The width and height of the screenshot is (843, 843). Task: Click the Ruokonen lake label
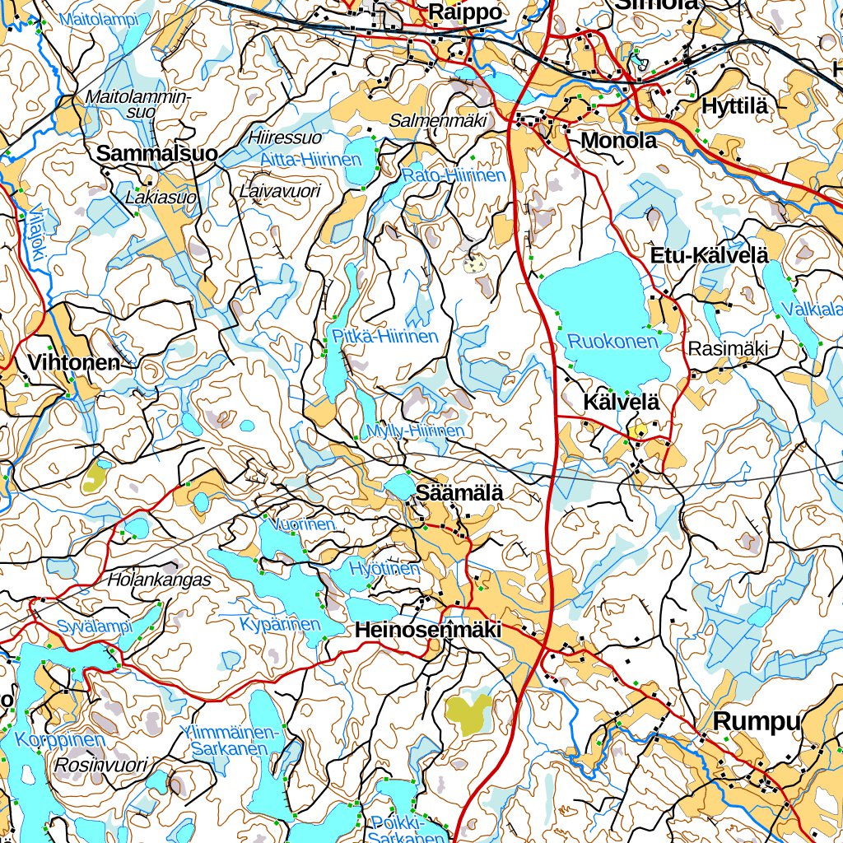pos(613,341)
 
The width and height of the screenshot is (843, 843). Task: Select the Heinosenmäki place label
pos(428,630)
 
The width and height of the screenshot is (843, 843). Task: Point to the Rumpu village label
pos(757,721)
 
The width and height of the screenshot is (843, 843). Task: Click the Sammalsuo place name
pos(157,153)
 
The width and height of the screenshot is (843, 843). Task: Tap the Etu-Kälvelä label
pos(710,255)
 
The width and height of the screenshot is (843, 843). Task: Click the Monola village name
pos(618,141)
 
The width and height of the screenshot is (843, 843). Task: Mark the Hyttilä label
pos(734,106)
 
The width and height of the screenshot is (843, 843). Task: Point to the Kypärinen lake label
pos(280,624)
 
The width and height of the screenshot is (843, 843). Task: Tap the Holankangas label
pos(159,580)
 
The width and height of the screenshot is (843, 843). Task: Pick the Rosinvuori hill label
pos(100,765)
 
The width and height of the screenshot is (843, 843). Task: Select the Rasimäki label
pos(729,349)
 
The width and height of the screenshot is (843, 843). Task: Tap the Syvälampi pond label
pos(95,627)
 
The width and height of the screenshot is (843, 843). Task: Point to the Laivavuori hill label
pos(279,191)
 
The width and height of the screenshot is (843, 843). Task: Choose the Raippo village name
pos(465,12)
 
